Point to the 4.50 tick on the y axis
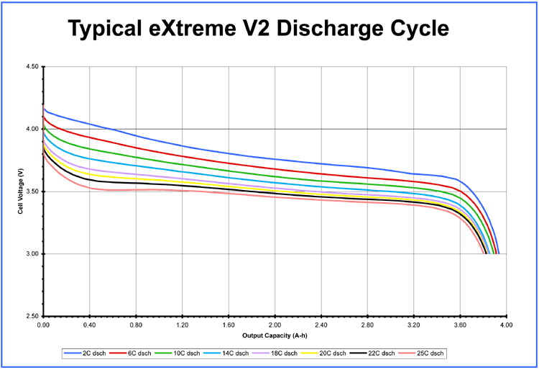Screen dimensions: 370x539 32,67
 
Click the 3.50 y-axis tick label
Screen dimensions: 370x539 32,191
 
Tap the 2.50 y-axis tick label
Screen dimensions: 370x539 32,316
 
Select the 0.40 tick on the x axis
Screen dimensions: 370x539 90,325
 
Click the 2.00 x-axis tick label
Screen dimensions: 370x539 275,325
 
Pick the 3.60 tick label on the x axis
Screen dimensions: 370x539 460,325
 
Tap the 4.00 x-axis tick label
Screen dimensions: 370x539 506,325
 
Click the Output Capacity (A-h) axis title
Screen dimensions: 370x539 275,335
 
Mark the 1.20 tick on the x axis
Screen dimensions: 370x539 183,325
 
